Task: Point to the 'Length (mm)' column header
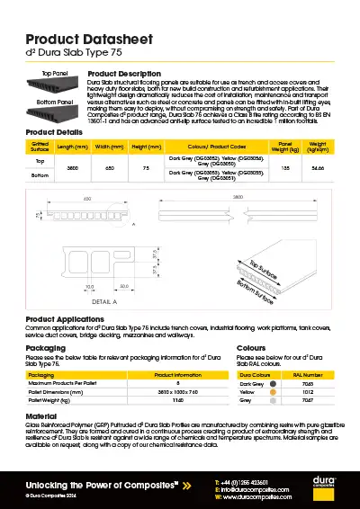pyautogui.click(x=72, y=146)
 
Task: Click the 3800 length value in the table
pyautogui.click(x=72, y=167)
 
